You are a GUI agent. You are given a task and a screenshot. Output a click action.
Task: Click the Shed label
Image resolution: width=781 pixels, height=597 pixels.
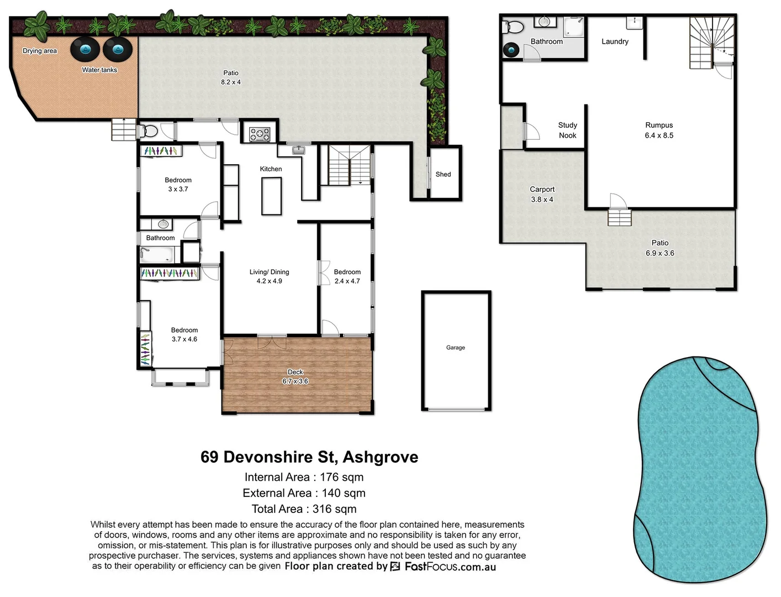click(x=443, y=174)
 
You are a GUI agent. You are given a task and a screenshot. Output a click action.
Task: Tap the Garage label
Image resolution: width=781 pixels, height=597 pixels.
click(x=456, y=348)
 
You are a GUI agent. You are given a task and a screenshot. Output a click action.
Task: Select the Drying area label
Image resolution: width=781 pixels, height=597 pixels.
click(x=40, y=51)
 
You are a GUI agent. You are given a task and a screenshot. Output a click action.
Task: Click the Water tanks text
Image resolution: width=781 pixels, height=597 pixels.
click(x=99, y=70)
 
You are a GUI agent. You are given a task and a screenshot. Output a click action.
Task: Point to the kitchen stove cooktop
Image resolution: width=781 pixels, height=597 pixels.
click(x=260, y=134)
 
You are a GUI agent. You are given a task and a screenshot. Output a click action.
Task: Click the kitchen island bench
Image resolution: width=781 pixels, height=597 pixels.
click(x=271, y=196)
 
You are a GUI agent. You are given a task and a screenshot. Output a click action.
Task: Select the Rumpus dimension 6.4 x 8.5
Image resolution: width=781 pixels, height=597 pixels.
click(x=659, y=135)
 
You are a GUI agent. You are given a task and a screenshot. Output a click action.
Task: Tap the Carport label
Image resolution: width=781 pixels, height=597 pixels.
click(x=542, y=189)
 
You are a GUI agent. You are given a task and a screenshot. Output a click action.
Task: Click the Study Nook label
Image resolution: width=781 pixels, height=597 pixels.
click(x=567, y=130)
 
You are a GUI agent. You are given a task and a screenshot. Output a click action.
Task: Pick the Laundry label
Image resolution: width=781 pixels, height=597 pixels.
click(x=615, y=41)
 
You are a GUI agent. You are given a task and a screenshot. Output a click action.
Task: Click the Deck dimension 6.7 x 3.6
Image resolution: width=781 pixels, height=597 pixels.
click(x=295, y=381)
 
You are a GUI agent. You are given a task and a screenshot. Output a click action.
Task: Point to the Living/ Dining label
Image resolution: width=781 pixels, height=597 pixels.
click(x=269, y=272)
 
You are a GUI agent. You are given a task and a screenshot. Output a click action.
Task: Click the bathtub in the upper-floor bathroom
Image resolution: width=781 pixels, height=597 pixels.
click(x=156, y=255)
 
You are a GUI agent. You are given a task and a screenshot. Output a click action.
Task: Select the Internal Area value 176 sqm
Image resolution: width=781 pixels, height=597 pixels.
click(x=341, y=477)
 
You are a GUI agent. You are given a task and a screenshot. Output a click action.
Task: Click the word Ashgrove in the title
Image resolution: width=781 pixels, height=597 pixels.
click(x=380, y=457)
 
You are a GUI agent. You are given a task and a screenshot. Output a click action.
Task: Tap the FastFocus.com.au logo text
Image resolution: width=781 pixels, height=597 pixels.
click(x=450, y=567)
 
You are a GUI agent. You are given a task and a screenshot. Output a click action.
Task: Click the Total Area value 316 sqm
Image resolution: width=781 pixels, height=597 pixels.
click(x=334, y=509)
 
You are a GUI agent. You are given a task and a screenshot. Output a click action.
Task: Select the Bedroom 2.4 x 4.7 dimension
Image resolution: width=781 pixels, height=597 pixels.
click(x=347, y=281)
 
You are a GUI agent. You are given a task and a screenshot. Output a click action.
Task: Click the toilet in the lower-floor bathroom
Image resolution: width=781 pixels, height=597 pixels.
click(x=514, y=27)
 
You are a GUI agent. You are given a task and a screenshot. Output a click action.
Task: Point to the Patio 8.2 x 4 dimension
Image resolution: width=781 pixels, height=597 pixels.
click(x=231, y=82)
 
